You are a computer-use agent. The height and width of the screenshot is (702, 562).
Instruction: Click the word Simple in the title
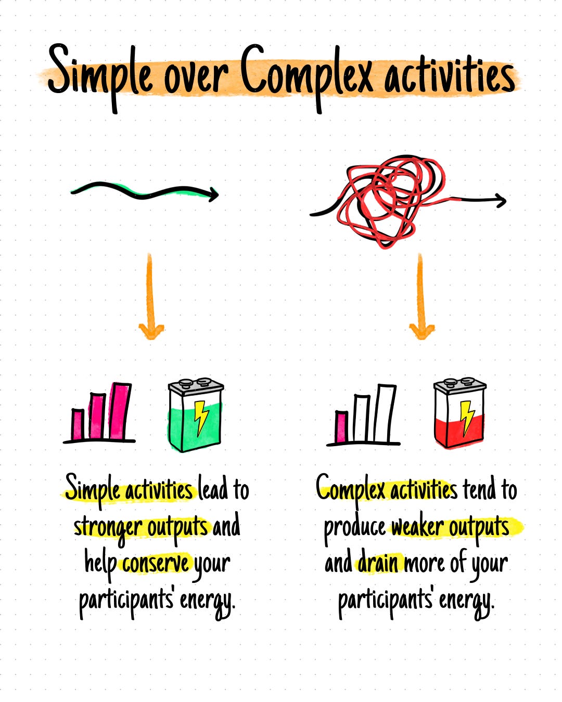click(101, 73)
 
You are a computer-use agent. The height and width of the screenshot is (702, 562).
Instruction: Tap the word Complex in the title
click(307, 73)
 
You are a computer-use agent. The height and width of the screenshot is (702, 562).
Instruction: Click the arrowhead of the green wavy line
click(212, 196)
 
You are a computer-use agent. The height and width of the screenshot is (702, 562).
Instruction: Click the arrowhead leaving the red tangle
click(500, 200)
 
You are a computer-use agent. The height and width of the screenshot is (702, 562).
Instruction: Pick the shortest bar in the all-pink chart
click(78, 424)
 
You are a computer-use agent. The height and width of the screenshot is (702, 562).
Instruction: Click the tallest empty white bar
click(385, 414)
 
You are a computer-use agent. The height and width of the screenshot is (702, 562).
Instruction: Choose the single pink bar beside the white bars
click(342, 427)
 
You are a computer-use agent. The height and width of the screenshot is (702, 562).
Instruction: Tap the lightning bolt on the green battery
click(200, 416)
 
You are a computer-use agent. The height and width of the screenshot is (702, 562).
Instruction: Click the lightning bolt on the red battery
click(467, 416)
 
